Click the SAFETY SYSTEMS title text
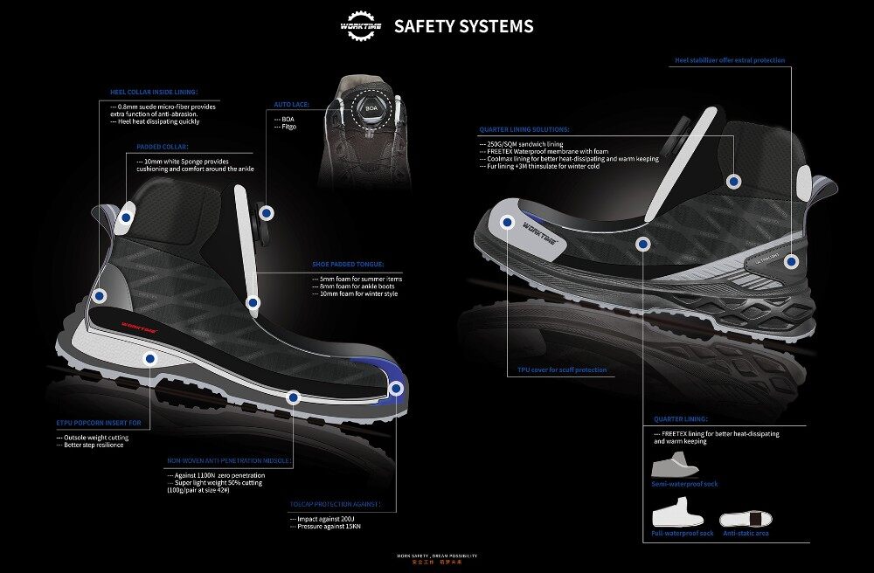463,26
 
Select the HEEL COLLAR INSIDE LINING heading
154,92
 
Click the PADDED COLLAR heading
163,148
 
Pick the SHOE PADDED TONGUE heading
347,263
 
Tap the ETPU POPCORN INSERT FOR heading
98,422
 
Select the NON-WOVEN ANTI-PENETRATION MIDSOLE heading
228,460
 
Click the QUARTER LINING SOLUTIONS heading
524,129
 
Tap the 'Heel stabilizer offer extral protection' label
730,60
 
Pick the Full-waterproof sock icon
678,513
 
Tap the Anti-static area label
746,533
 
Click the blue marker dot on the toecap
396,389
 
